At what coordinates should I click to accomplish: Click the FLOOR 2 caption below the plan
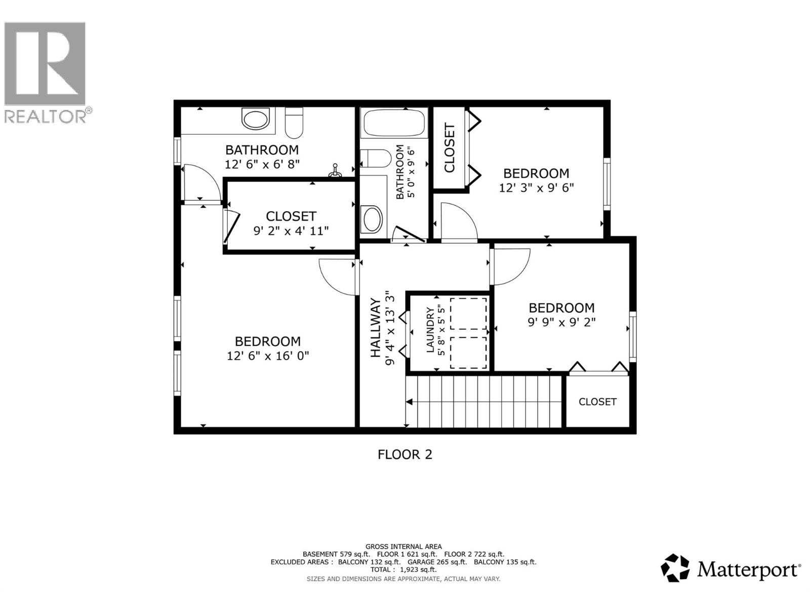click(405, 454)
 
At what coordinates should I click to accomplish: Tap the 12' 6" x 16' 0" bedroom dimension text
click(268, 356)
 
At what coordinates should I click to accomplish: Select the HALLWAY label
click(376, 328)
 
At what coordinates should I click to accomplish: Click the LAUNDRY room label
click(430, 330)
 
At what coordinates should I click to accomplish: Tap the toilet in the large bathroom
click(294, 123)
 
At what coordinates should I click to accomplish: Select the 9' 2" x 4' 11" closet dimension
click(291, 231)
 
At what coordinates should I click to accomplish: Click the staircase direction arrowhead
click(409, 402)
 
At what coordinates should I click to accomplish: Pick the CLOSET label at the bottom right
click(597, 402)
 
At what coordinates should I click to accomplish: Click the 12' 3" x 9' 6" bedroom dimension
click(536, 188)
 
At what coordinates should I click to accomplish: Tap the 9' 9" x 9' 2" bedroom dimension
click(561, 322)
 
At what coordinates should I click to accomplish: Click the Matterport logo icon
click(675, 568)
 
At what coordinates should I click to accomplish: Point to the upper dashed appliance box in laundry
click(468, 314)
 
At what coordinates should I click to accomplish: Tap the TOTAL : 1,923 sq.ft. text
click(403, 569)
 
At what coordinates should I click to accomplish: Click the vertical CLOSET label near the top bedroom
click(449, 148)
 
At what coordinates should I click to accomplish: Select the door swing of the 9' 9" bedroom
click(511, 266)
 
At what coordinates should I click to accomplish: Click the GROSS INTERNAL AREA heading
click(403, 546)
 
